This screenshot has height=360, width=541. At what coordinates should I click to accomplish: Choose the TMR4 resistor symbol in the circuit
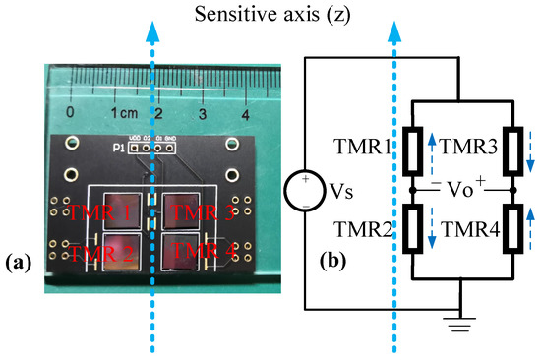(x=511, y=233)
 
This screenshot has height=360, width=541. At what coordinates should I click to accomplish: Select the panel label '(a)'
(x=21, y=263)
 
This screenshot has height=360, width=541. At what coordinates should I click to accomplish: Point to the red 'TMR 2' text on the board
(x=90, y=254)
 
